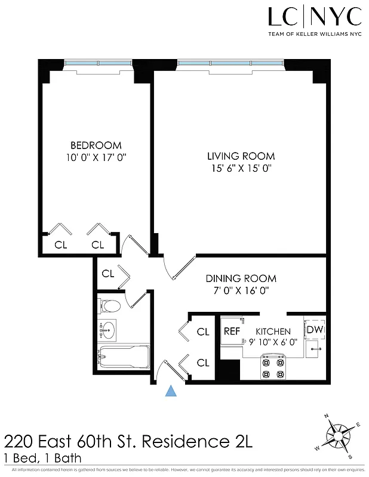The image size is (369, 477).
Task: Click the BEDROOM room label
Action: (96, 145)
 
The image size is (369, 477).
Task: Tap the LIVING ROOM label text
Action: (241, 156)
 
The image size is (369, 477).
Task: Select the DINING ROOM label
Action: (241, 278)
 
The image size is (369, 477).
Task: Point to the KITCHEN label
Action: (273, 332)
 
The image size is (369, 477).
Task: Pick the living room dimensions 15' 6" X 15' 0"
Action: (241, 168)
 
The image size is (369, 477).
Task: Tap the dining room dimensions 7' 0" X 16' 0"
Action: (241, 291)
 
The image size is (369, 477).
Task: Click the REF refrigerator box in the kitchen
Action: (232, 332)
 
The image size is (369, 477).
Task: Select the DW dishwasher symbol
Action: (313, 329)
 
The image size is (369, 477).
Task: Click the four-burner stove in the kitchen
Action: (273, 368)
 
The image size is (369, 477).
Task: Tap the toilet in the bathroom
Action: (110, 306)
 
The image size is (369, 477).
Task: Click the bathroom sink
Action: (108, 329)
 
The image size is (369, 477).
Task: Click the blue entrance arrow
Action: (171, 391)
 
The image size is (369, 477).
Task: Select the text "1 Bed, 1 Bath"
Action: (42, 459)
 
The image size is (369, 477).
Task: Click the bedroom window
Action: (98, 62)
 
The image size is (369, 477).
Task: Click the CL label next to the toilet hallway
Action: (108, 274)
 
